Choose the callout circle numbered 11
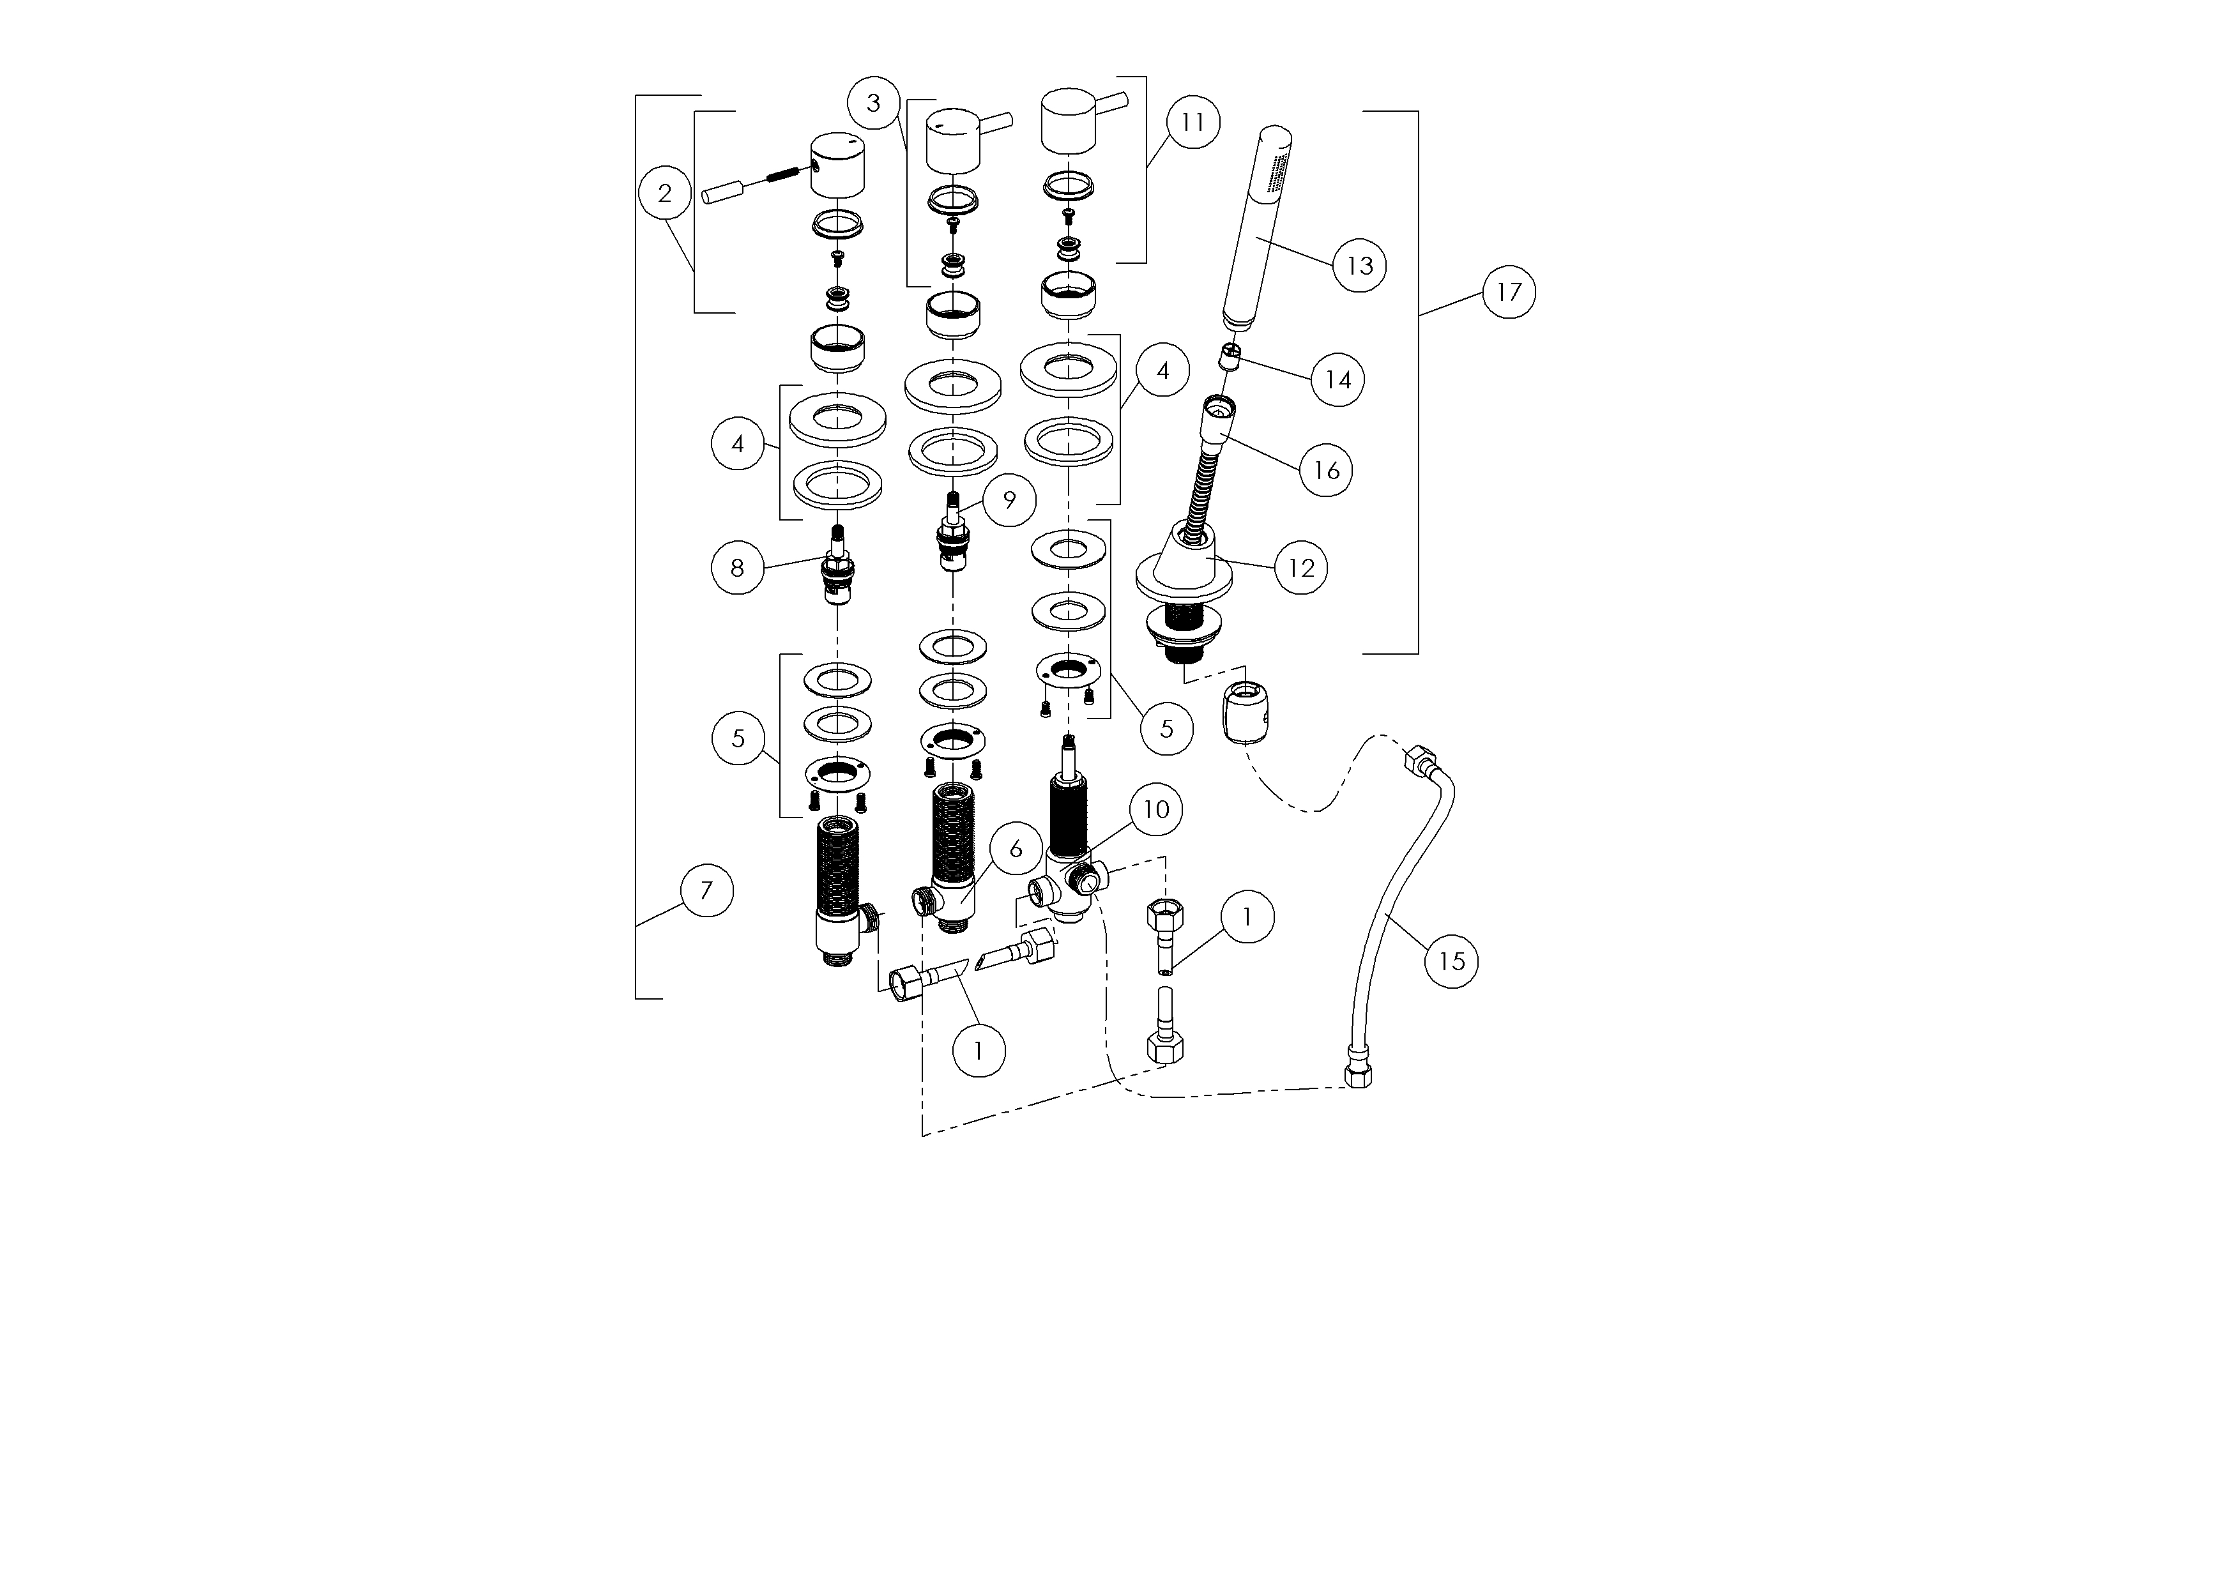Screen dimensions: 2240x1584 click(x=1192, y=122)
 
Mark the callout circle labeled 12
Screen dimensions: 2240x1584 click(x=1302, y=568)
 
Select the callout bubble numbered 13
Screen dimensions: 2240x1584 click(x=1359, y=265)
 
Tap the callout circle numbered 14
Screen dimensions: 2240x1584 click(x=1337, y=379)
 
